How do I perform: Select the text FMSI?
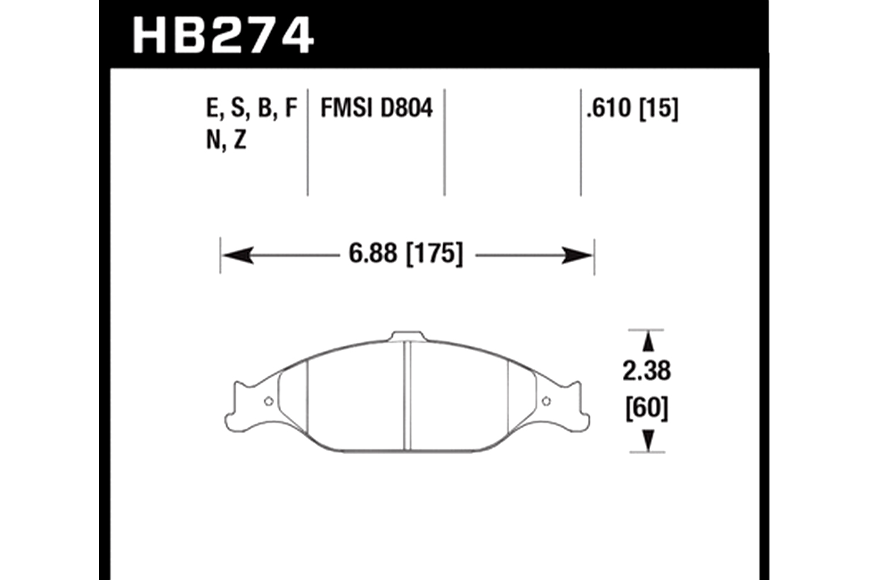point(347,108)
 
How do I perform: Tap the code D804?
point(407,108)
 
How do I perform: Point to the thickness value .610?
point(608,108)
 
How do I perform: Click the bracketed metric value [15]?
point(659,108)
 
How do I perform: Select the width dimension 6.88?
point(373,253)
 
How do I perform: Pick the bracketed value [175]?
point(434,254)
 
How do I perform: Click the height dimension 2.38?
point(647,371)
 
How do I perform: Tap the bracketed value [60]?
point(647,408)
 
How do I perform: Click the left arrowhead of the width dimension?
point(238,255)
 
